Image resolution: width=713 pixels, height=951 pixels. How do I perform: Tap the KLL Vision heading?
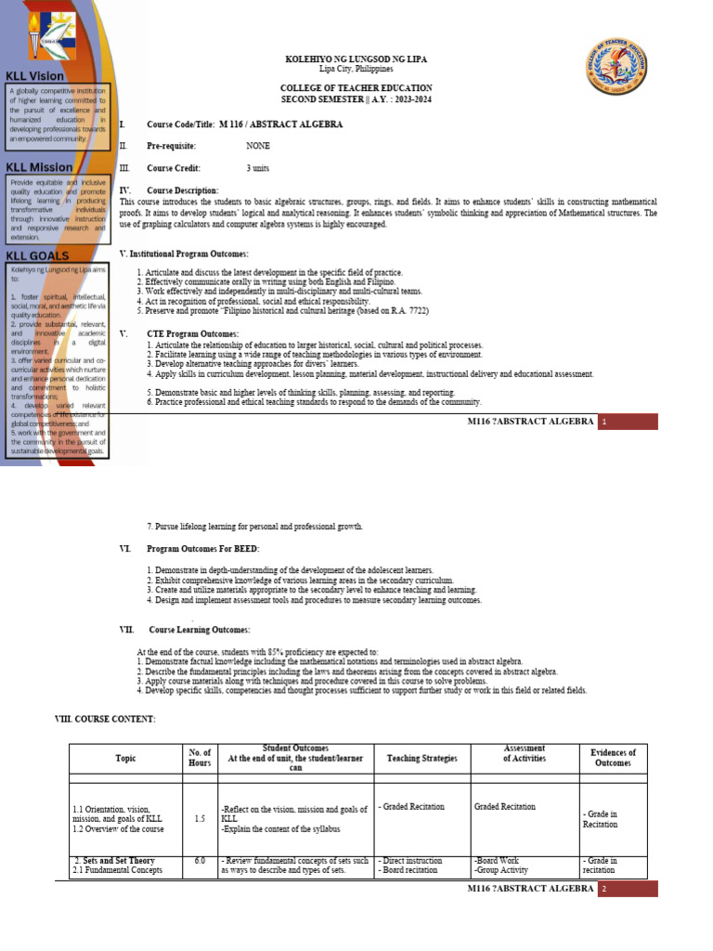coord(35,76)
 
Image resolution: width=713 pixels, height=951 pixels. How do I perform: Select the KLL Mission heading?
coord(39,167)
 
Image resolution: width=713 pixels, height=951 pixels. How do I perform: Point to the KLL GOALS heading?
coord(37,255)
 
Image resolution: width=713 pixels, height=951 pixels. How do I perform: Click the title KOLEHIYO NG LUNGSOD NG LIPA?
coord(356,59)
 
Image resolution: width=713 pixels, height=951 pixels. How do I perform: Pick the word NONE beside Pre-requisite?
coord(258,146)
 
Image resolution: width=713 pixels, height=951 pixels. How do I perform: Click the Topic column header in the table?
coord(125,759)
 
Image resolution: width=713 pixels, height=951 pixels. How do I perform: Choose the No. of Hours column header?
coord(200,758)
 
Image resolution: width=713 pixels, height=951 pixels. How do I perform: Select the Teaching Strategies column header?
coord(421,759)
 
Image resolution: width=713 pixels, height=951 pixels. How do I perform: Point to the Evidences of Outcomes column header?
coord(613,758)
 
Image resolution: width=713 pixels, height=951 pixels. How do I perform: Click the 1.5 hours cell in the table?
coord(200,819)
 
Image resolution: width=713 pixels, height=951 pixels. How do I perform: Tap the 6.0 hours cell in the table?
coord(200,861)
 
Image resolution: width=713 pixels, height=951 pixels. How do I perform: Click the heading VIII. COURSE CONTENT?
coord(105,720)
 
